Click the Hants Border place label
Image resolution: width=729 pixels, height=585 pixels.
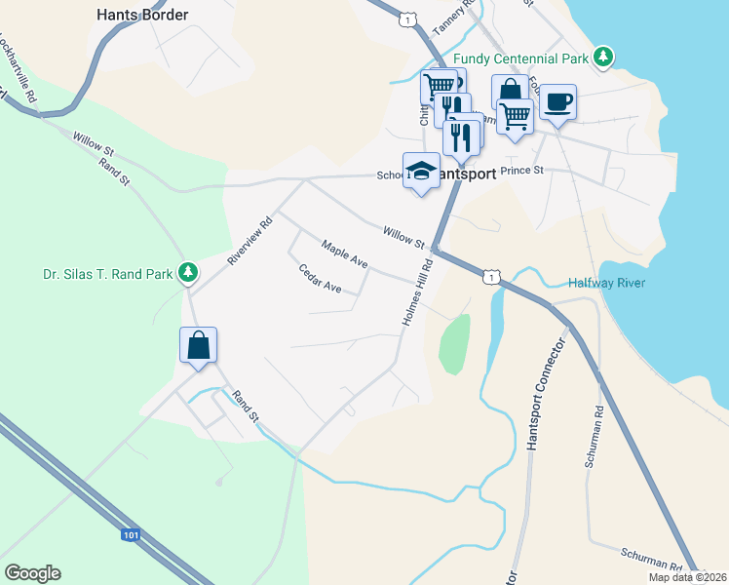142,15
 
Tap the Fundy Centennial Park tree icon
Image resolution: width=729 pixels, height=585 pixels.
604,58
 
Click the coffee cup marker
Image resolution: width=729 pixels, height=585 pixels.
557,101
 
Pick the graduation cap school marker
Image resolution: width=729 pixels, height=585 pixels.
421,171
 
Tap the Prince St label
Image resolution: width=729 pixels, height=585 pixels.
520,170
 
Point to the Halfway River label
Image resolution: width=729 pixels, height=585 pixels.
606,283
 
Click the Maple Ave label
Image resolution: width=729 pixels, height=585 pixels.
344,255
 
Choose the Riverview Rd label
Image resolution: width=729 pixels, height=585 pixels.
249,240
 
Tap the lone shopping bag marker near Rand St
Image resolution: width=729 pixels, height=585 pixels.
198,345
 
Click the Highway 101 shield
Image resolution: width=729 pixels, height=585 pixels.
131,534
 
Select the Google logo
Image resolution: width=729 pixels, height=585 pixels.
32,573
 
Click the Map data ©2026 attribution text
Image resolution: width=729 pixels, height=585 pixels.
688,577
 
